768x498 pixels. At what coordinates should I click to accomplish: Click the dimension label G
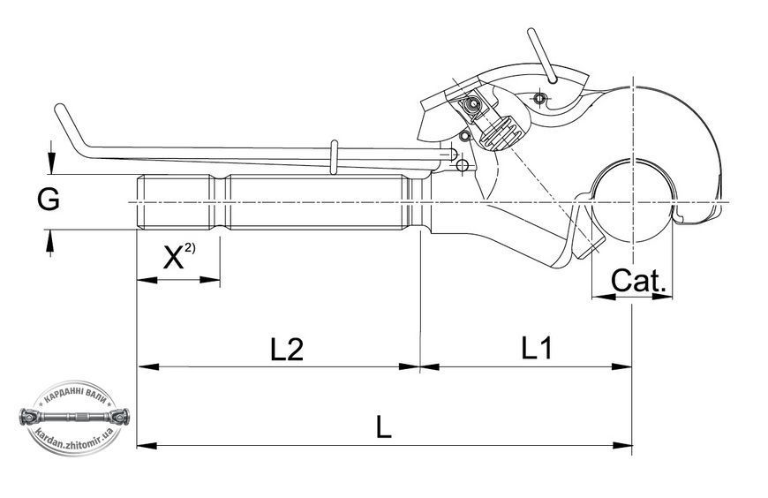[49, 200]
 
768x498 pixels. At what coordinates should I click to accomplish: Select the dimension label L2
[287, 350]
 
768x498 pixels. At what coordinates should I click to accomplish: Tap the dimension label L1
[537, 349]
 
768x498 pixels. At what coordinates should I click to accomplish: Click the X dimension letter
[173, 258]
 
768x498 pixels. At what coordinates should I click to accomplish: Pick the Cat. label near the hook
[638, 281]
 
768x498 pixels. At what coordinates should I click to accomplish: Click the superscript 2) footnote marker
[190, 248]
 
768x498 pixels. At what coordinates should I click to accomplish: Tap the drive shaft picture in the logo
[74, 417]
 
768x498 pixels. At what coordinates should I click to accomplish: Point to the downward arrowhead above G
[51, 162]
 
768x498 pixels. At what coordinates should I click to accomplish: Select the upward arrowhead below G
[49, 241]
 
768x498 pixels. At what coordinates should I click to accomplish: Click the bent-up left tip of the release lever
[61, 109]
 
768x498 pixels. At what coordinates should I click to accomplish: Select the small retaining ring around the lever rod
[334, 157]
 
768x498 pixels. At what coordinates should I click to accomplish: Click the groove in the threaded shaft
[220, 202]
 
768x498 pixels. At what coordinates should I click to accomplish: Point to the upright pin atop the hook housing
[541, 55]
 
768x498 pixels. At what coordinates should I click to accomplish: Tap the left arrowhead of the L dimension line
[147, 446]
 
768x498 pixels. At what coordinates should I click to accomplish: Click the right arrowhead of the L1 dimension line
[621, 366]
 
